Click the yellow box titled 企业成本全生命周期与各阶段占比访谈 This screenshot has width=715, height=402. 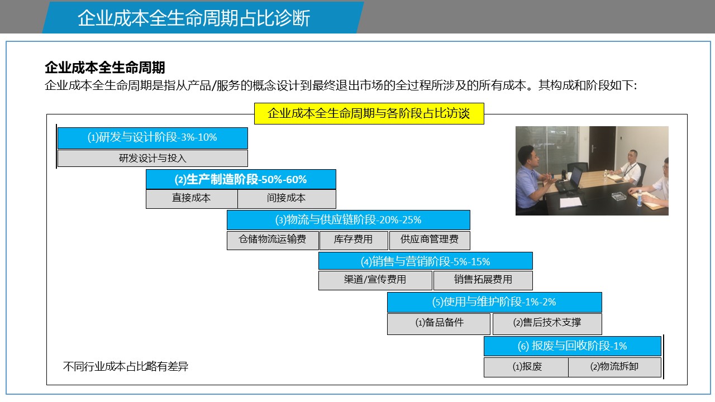pos(369,113)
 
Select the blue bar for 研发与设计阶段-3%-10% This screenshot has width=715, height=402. pos(152,138)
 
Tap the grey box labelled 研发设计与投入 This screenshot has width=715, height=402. pos(152,158)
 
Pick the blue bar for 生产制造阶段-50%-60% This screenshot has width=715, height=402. pos(241,179)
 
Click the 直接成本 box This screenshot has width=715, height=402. pos(192,199)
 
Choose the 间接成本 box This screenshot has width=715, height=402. pos(287,199)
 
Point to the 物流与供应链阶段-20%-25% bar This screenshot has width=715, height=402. pos(348,220)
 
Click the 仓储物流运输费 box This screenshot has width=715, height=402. pos(273,240)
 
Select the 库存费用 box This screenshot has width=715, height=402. pos(354,240)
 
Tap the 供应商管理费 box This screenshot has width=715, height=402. pos(430,240)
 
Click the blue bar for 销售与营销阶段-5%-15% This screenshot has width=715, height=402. pos(426,261)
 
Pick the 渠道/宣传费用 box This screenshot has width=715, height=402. pos(375,280)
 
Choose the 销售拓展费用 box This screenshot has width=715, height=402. pos(483,280)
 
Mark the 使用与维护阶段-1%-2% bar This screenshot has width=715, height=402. pos(494,302)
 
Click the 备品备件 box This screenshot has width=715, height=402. pos(438,324)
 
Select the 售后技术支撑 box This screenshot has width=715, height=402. pos(547,324)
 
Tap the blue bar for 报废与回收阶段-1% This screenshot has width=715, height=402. pos(573,346)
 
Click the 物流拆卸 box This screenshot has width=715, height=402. pos(614,367)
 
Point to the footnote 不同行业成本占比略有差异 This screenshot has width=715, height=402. pos(126,367)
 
